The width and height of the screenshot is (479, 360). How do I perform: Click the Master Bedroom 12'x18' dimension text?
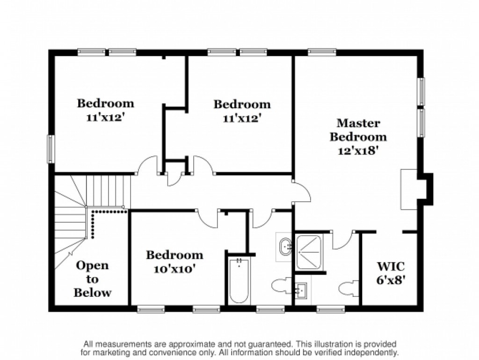pyautogui.click(x=358, y=151)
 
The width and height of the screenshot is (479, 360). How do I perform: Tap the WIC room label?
pyautogui.click(x=391, y=266)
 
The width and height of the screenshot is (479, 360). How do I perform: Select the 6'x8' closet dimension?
pyautogui.click(x=391, y=279)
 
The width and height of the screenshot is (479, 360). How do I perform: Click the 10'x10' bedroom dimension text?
pyautogui.click(x=174, y=269)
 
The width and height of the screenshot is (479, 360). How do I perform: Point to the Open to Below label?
pyautogui.click(x=92, y=279)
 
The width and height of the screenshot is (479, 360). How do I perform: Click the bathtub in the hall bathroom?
pyautogui.click(x=239, y=280)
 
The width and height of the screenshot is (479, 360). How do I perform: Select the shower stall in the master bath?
pyautogui.click(x=309, y=252)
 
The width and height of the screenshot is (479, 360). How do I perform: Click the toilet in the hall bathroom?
pyautogui.click(x=282, y=286)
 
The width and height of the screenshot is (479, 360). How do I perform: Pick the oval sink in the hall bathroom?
pyautogui.click(x=286, y=246)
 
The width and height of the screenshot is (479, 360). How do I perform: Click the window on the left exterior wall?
pyautogui.click(x=51, y=149)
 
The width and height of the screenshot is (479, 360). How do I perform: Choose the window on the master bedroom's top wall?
pyautogui.click(x=322, y=52)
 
